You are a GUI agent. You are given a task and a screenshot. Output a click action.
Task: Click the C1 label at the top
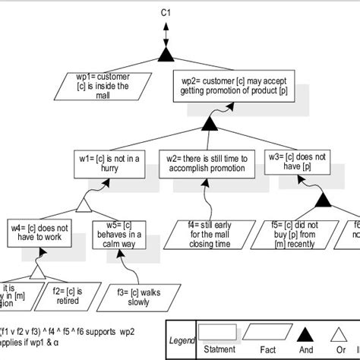click(165, 13)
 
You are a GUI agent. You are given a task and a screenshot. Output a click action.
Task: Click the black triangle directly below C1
click(165, 52)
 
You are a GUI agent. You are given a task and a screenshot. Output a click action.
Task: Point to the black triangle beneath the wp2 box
click(210, 124)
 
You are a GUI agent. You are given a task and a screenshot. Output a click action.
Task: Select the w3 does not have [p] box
click(298, 161)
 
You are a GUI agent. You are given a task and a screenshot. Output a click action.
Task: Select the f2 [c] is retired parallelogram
click(67, 295)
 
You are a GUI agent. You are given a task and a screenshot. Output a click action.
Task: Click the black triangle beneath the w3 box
click(322, 201)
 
